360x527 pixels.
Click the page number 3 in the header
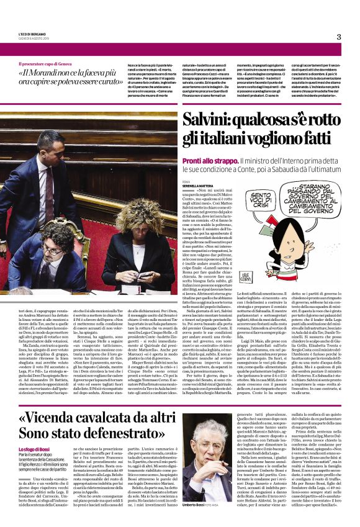pos(339,37)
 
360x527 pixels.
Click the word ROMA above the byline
pos(187,181)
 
